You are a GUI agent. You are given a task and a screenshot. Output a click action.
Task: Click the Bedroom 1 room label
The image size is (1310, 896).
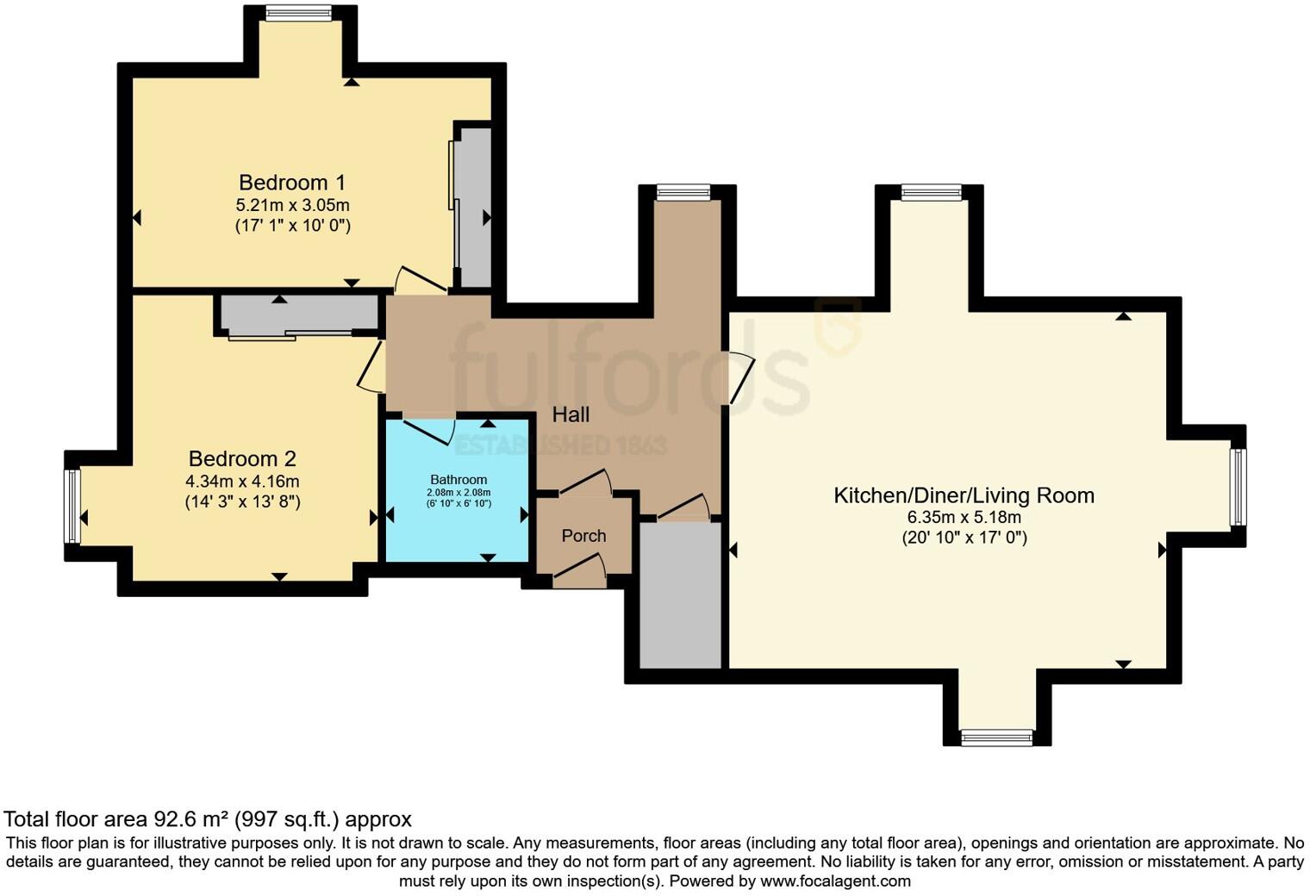pyautogui.click(x=292, y=183)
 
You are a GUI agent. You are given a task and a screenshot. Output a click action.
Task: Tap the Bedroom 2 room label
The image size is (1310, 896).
pyautogui.click(x=242, y=459)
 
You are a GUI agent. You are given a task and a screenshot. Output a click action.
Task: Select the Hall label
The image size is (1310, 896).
pyautogui.click(x=571, y=415)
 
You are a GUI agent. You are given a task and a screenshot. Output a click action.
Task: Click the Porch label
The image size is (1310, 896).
pyautogui.click(x=583, y=536)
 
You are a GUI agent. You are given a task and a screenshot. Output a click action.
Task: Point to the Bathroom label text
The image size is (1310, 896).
pyautogui.click(x=458, y=480)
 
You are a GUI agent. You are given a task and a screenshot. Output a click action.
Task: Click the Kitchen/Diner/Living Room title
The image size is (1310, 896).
pyautogui.click(x=964, y=495)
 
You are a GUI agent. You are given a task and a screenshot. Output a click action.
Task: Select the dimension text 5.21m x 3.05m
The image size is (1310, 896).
pyautogui.click(x=292, y=205)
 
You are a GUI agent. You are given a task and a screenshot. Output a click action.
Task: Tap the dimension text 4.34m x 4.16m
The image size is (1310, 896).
pyautogui.click(x=242, y=481)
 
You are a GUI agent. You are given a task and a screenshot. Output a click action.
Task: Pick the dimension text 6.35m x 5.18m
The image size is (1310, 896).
pyautogui.click(x=964, y=518)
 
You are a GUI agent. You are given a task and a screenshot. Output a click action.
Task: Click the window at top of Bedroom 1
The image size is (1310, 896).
pyautogui.click(x=299, y=13)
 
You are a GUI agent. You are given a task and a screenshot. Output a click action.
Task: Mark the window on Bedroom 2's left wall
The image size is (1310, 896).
pyautogui.click(x=72, y=506)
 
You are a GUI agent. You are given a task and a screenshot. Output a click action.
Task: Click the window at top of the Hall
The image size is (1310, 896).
pyautogui.click(x=683, y=192)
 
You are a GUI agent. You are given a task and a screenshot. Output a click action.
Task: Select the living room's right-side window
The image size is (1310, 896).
pyautogui.click(x=1238, y=486)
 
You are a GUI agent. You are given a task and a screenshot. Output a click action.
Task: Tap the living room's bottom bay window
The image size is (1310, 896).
pyautogui.click(x=996, y=737)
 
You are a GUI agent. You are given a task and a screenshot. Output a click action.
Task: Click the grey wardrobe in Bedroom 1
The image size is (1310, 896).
pyautogui.click(x=472, y=207)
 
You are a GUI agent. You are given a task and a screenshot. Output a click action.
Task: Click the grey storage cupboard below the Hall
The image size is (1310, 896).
pyautogui.click(x=680, y=594)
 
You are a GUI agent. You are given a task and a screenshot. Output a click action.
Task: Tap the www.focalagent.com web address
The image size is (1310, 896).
pyautogui.click(x=835, y=880)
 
